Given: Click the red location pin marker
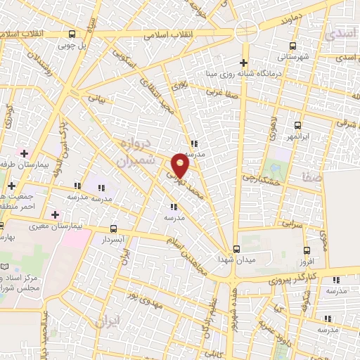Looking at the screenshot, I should pyautogui.click(x=181, y=166).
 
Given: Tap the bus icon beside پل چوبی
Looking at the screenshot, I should pyautogui.click(x=72, y=34).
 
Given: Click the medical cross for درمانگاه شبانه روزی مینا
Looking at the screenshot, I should pyautogui.click(x=244, y=63).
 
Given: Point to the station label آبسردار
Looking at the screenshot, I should pyautogui.click(x=113, y=239).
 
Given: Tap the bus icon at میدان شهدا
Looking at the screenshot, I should pyautogui.click(x=236, y=247).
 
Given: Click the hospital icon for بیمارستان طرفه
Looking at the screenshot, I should pyautogui.click(x=25, y=153).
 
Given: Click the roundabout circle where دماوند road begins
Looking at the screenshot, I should pyautogui.click(x=246, y=30).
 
